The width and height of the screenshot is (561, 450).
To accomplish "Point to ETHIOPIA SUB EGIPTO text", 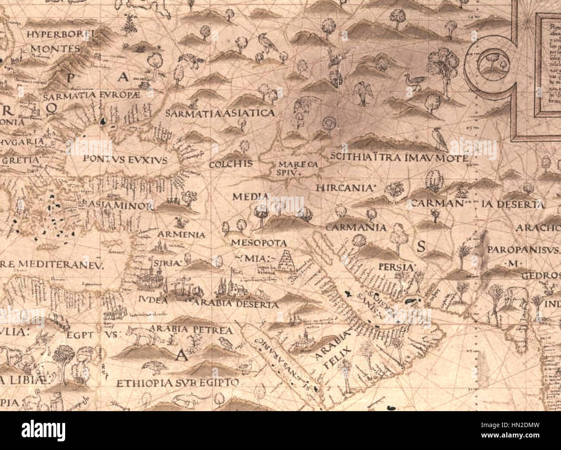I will [x=177, y=383].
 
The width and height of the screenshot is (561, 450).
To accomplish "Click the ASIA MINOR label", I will [x=120, y=206].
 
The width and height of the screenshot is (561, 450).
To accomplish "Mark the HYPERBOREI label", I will [x=60, y=34].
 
